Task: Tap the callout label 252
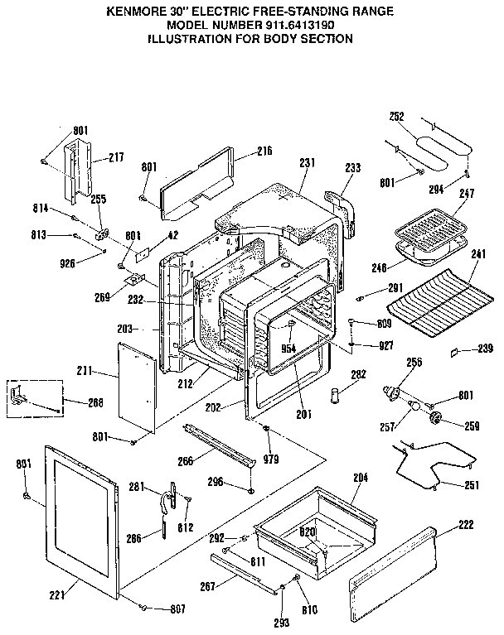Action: (396, 117)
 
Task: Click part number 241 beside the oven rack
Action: (477, 254)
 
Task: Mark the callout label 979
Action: (271, 459)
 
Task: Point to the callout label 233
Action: (353, 168)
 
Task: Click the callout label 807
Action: (176, 610)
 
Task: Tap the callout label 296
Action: (216, 481)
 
